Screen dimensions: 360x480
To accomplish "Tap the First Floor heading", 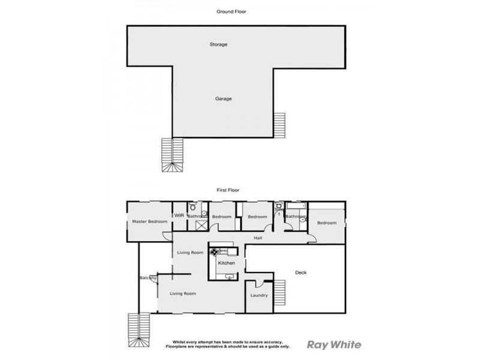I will point(228,190).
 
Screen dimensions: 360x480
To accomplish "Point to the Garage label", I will point(224,98).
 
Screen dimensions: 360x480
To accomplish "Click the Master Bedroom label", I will point(149,223).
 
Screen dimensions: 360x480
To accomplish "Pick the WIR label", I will point(179,215).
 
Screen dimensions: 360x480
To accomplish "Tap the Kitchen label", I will point(226,263).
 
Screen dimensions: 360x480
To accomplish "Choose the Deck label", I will point(301,272).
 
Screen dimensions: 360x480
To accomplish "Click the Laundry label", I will point(259,295).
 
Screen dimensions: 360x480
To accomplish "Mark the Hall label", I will point(258,238).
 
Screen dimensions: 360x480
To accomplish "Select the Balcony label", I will point(148,278).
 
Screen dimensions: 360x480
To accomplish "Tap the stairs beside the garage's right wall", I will point(280,125).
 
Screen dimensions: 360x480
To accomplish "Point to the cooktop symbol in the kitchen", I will point(213,251).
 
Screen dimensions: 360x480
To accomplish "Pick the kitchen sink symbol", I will point(229,276).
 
